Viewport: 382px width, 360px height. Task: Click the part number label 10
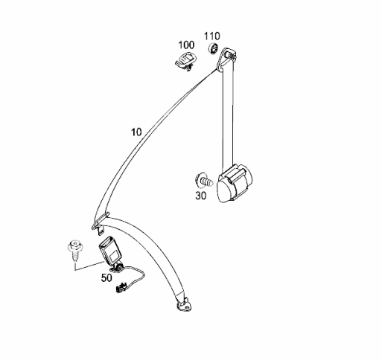[136, 132]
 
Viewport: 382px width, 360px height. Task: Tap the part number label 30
[201, 196]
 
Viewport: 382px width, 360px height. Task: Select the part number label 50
[106, 278]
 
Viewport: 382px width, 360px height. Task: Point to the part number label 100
[186, 45]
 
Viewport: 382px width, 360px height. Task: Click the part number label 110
[212, 36]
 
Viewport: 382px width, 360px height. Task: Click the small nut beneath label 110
[213, 48]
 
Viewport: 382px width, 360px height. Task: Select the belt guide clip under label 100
[185, 61]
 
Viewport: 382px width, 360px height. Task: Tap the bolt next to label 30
[204, 181]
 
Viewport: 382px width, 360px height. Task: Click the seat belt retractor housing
[235, 183]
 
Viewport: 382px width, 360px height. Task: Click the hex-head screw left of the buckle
[75, 250]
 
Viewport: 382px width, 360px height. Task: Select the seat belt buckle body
[110, 251]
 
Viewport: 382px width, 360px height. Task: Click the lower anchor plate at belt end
[184, 306]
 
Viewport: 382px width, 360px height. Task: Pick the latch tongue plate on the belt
[101, 222]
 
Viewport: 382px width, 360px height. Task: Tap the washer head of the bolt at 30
[199, 179]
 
